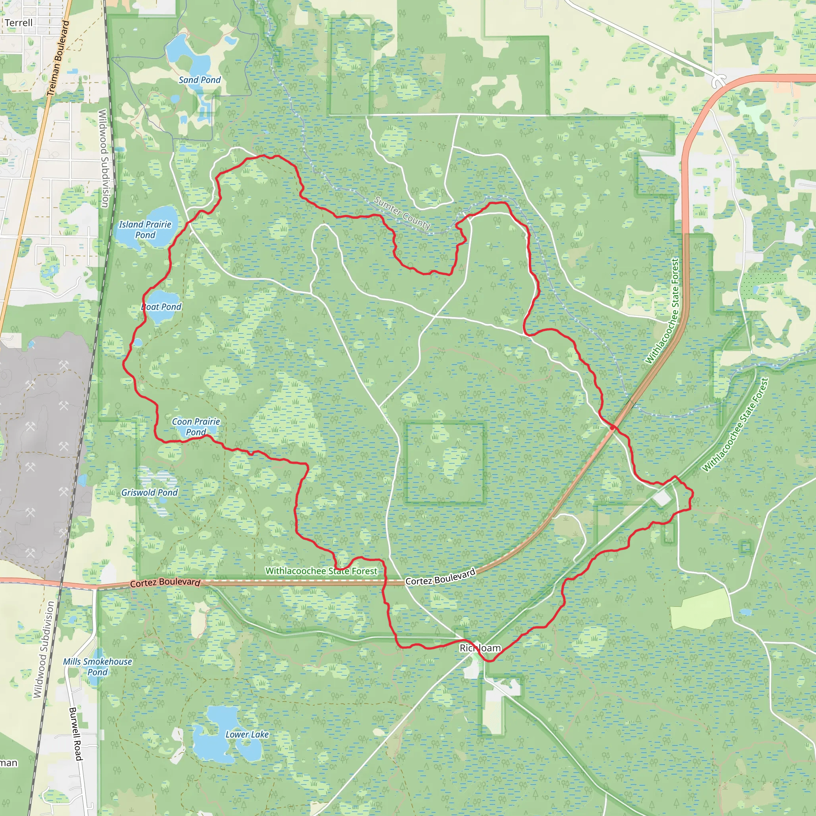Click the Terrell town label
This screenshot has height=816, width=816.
click(19, 23)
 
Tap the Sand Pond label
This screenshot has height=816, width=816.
click(199, 80)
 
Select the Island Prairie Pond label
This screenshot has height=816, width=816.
click(145, 229)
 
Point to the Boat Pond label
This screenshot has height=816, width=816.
click(161, 307)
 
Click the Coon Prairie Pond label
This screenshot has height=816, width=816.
click(196, 427)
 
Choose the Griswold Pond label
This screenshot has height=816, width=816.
click(149, 492)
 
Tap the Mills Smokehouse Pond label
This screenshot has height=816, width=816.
click(98, 667)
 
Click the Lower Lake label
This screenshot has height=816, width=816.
click(247, 734)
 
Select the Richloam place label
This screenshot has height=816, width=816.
click(480, 648)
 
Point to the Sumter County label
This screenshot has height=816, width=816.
click(402, 213)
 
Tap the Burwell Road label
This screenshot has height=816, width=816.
click(75, 734)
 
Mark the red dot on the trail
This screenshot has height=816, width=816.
click(612, 428)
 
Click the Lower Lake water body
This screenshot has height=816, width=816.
click(216, 731)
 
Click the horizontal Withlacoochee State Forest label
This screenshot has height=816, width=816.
click(321, 571)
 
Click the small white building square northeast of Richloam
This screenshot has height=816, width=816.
click(662, 499)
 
